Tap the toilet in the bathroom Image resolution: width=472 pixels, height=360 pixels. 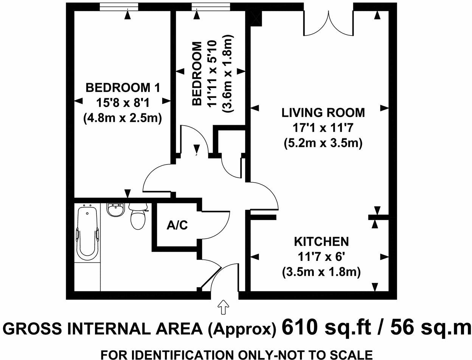point(137,218)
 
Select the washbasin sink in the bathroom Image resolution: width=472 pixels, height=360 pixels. point(115,209)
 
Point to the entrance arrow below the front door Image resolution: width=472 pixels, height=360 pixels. point(224,307)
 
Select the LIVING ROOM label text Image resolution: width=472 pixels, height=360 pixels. point(323,113)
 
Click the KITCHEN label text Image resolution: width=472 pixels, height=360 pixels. point(321,241)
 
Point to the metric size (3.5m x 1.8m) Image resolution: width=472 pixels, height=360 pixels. point(321,272)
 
